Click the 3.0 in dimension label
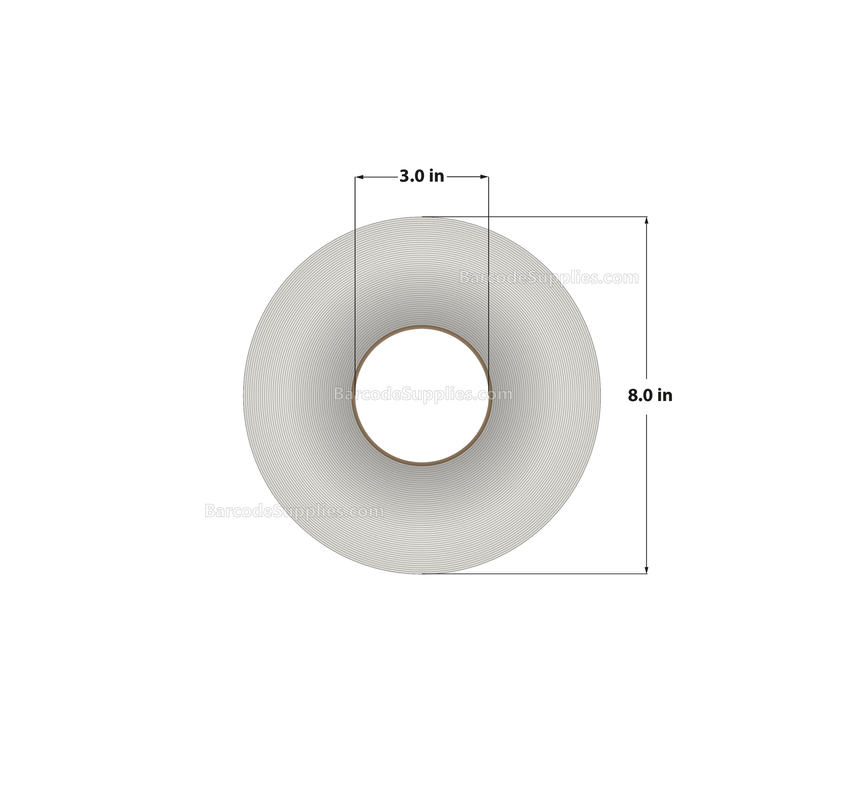(x=422, y=176)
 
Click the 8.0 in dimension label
(x=650, y=395)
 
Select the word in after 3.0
(x=436, y=176)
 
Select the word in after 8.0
(x=665, y=395)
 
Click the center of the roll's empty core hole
(x=422, y=396)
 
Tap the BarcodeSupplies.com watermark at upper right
(x=549, y=278)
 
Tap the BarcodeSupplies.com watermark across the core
(x=423, y=394)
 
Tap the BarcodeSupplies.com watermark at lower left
(x=294, y=511)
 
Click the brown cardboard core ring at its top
(x=422, y=327)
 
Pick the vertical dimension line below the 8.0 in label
(x=647, y=488)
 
